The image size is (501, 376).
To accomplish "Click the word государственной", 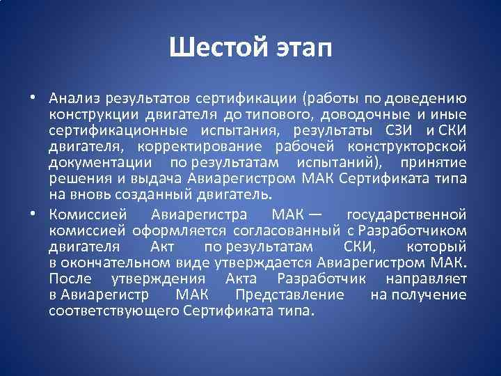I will (x=406, y=213).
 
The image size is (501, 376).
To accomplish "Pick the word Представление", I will (x=289, y=295).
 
